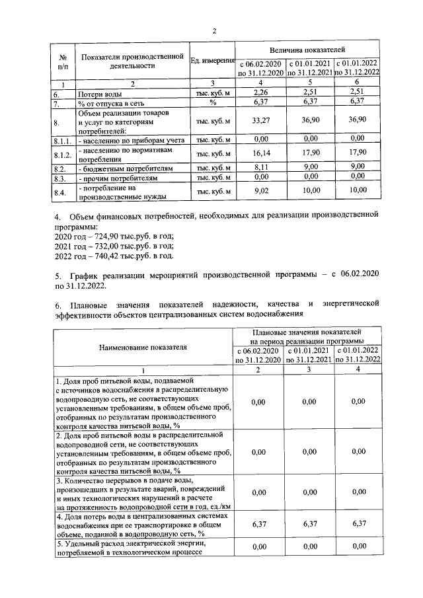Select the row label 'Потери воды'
tap(99, 94)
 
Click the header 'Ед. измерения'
tap(212, 61)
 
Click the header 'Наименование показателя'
tap(143, 346)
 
